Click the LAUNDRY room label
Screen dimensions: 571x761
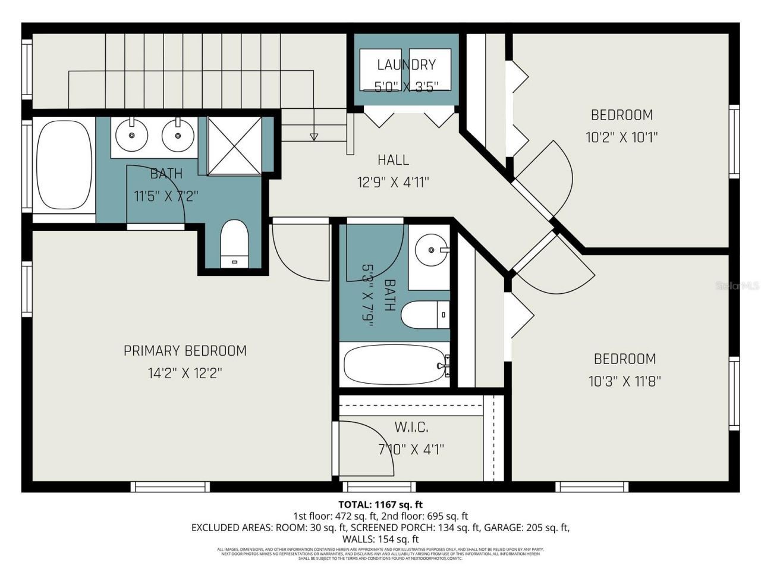point(406,64)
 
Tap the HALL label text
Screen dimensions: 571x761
point(393,159)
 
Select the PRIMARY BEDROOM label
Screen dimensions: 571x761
point(185,351)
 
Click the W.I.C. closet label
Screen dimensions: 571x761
point(411,427)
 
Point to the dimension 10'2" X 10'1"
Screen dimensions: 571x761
point(621,137)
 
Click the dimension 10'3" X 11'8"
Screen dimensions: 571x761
point(625,381)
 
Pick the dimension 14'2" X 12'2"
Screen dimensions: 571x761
point(185,374)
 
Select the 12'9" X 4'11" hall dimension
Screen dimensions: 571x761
point(393,182)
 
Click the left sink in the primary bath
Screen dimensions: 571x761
point(131,135)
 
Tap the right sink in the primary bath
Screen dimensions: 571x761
point(177,135)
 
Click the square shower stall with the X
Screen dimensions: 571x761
point(234,146)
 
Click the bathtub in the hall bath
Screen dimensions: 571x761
point(395,365)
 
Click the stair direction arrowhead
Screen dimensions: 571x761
point(314,137)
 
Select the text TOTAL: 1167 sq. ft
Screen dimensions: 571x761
point(380,505)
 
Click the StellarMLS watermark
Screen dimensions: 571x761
point(738,286)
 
